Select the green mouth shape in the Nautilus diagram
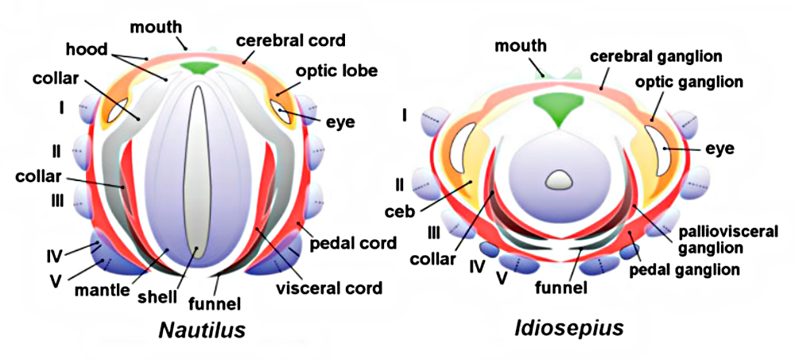tap(199, 68)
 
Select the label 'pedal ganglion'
tap(692, 269)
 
